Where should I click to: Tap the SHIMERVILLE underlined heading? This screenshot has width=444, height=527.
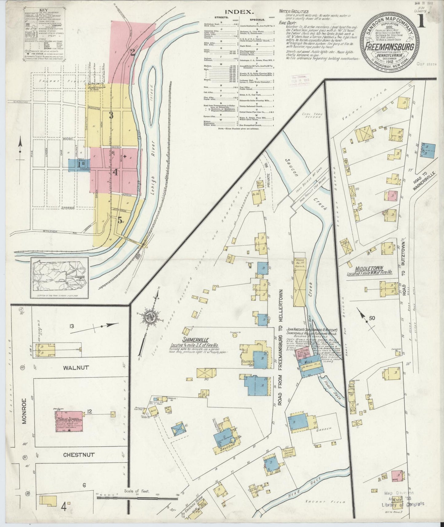click(x=196, y=340)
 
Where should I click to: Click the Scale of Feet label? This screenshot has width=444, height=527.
click(x=137, y=491)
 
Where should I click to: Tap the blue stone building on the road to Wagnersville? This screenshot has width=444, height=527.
click(x=428, y=150)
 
